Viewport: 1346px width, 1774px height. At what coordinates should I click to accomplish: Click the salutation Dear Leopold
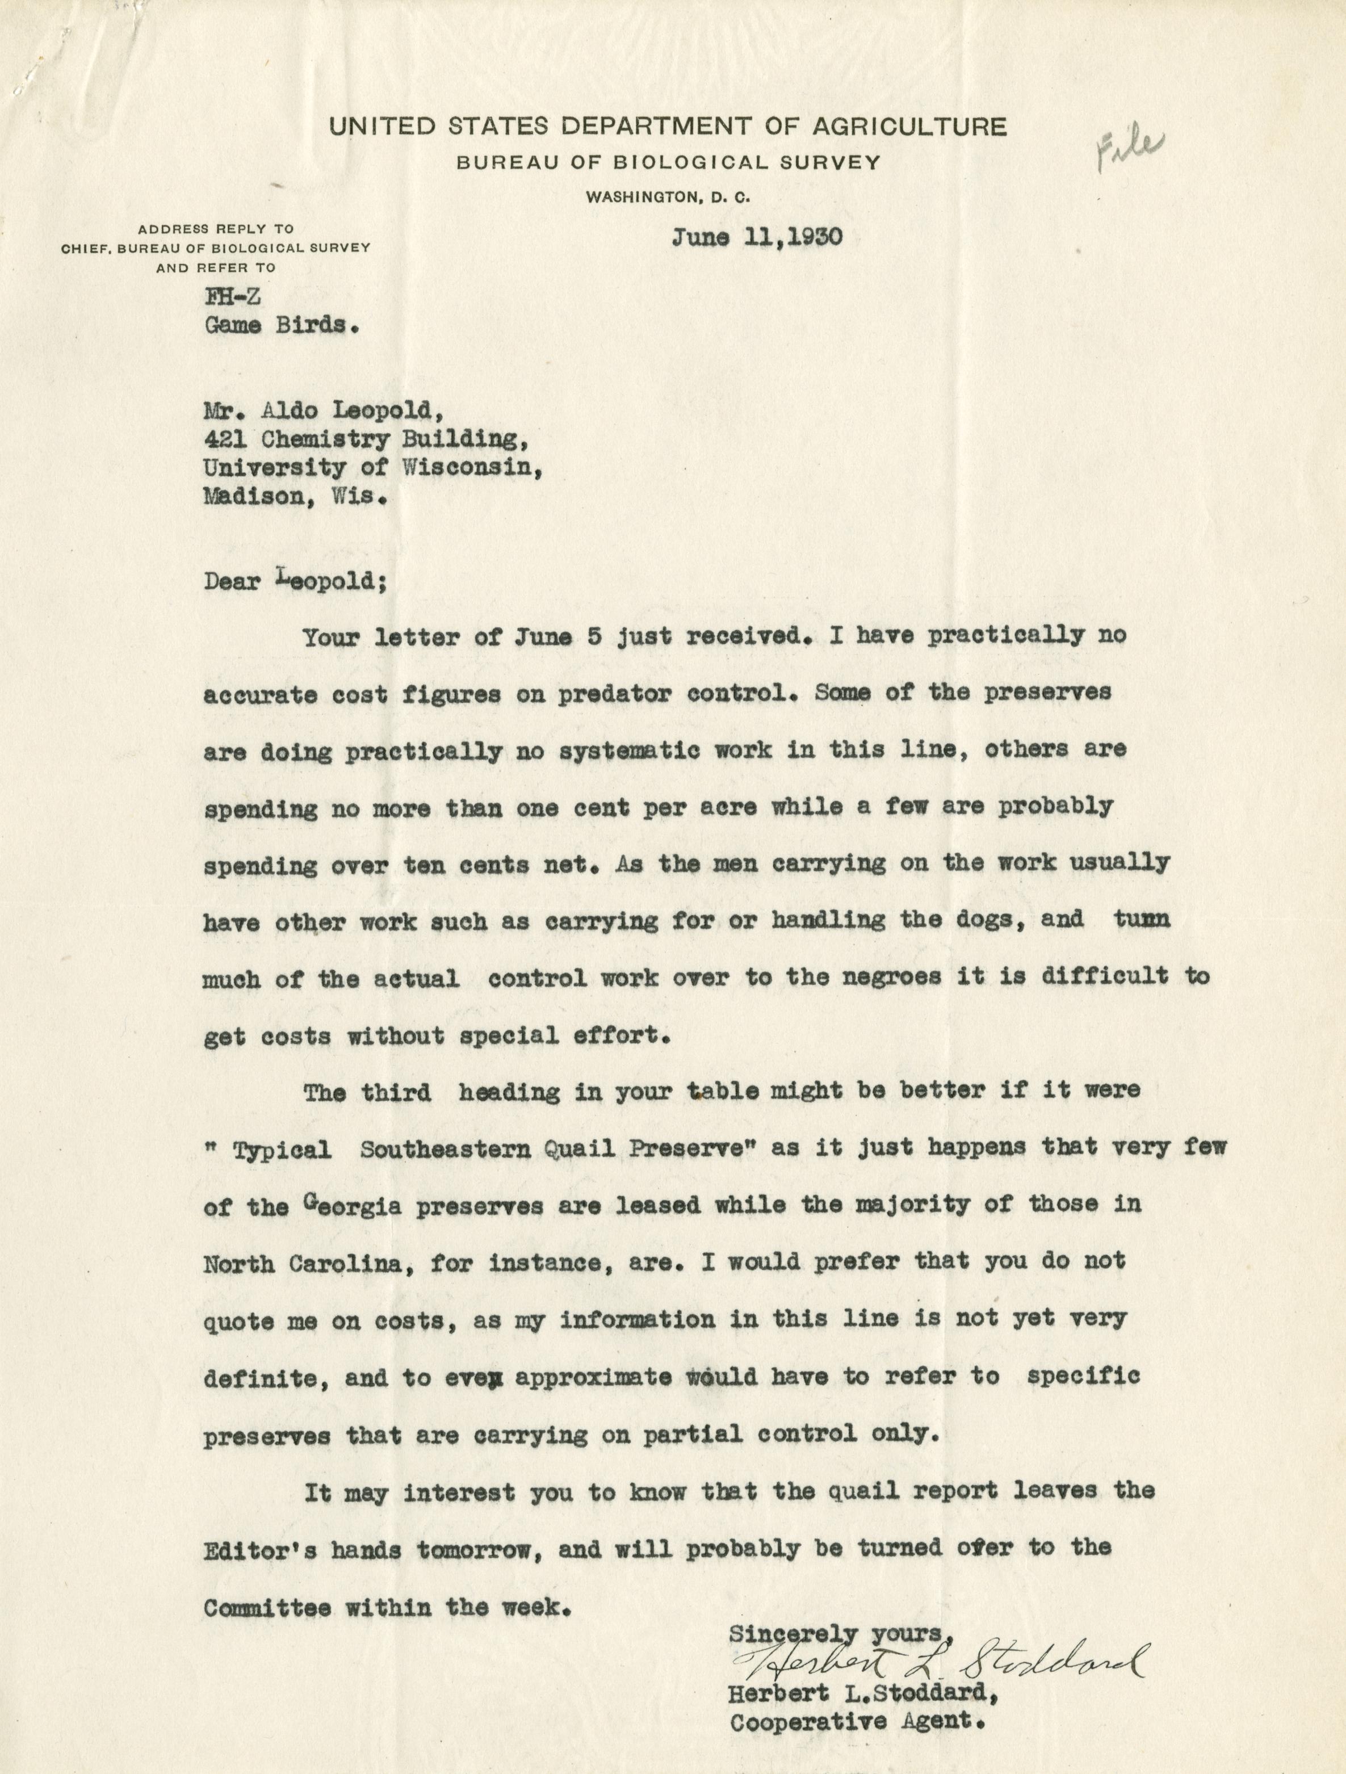pos(295,581)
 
